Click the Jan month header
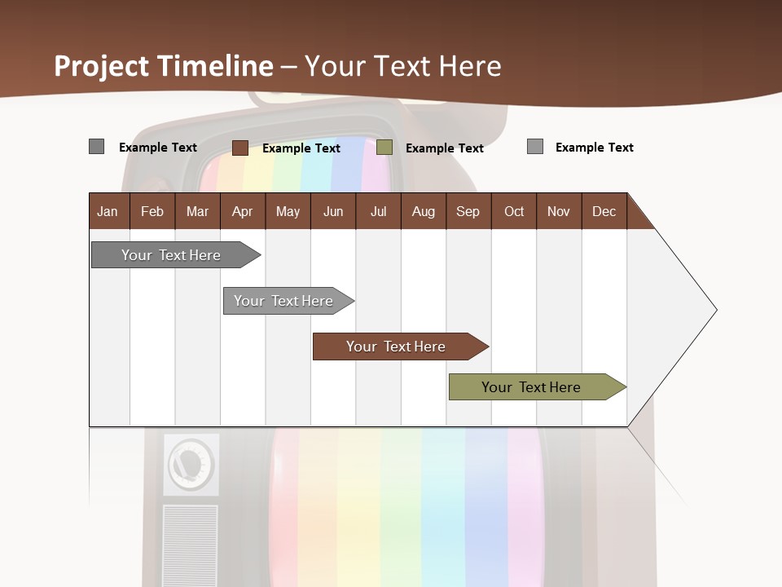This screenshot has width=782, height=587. point(108,211)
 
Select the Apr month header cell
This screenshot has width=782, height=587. point(242,211)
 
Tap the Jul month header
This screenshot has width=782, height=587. point(378,211)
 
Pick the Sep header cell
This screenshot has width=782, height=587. point(468,211)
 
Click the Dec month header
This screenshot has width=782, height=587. point(604,211)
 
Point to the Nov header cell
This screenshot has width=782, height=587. point(558,211)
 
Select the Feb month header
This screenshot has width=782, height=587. point(152,211)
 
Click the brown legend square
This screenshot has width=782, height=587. point(239,148)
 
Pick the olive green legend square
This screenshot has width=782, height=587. point(384,148)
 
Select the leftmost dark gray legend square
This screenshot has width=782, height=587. point(96,147)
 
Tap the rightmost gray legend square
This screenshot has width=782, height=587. point(534,147)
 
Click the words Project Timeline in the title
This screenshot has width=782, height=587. point(163,66)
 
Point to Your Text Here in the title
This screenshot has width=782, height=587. point(402,66)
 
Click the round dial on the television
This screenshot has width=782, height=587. point(191,465)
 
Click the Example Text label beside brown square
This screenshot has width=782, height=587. point(301,148)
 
